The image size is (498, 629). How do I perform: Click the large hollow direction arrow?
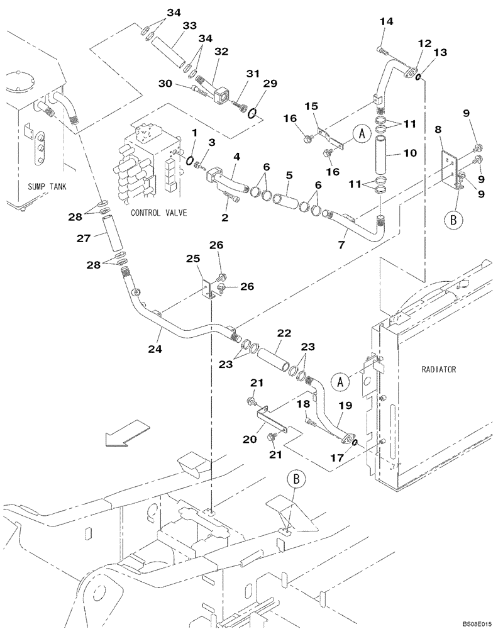[127, 435]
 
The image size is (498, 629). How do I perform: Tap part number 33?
[189, 26]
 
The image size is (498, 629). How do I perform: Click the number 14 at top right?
[386, 21]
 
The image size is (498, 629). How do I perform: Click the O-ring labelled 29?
[252, 113]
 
